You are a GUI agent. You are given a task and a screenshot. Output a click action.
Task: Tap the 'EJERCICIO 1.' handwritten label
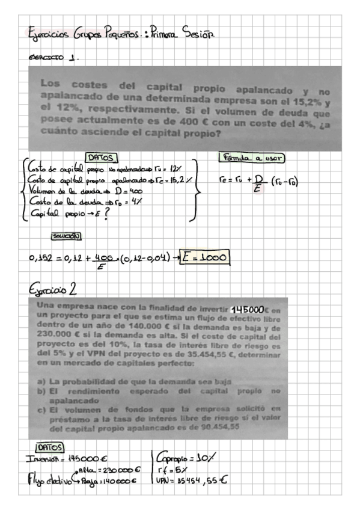(54, 59)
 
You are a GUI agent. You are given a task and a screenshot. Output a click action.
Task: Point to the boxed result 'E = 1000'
(205, 258)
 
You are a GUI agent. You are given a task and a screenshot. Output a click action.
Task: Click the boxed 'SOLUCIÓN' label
(67, 236)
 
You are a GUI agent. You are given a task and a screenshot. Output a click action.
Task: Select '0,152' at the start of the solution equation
(42, 259)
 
